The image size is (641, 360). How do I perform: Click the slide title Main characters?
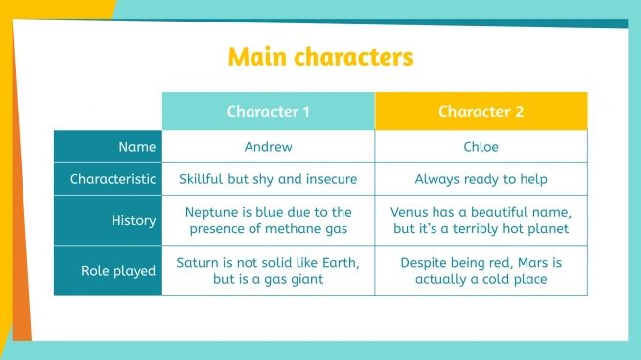(x=320, y=56)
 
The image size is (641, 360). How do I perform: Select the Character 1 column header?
(x=268, y=112)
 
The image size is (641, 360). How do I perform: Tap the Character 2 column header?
(x=481, y=112)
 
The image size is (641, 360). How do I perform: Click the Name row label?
(x=137, y=147)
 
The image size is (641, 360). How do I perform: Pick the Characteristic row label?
(x=113, y=179)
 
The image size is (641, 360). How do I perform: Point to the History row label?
(x=134, y=220)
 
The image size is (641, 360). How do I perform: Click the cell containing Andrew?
(x=268, y=147)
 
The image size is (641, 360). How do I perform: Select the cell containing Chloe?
(x=481, y=147)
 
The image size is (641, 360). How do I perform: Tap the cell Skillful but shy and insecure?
(x=268, y=179)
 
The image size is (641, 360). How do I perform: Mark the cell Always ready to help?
(x=481, y=179)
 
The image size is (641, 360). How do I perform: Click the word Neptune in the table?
(x=212, y=211)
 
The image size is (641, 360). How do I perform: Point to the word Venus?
(x=411, y=211)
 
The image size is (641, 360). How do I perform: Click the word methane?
(x=288, y=229)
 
